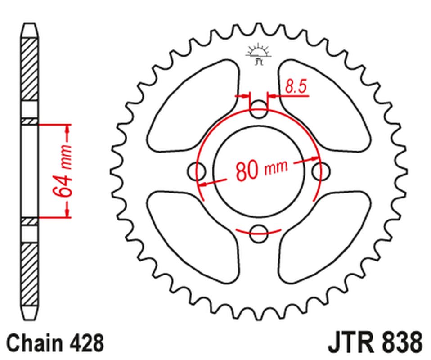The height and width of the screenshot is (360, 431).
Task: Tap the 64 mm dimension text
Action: tap(63, 171)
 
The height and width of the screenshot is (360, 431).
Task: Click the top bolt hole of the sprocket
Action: tap(259, 109)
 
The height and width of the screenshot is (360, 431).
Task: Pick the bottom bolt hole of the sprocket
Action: tap(259, 231)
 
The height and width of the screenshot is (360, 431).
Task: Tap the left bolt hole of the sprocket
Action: tap(196, 171)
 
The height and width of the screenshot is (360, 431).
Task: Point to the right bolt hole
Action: tap(321, 171)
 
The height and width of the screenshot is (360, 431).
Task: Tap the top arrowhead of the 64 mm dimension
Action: tap(67, 129)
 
